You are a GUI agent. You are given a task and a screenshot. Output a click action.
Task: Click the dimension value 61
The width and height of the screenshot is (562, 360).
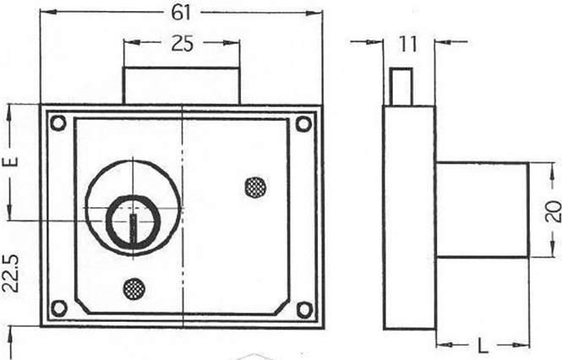pos(182,14)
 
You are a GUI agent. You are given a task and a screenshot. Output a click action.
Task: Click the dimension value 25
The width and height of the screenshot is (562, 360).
pos(182,44)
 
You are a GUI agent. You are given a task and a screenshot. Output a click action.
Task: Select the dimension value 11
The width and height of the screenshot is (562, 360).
pos(408,45)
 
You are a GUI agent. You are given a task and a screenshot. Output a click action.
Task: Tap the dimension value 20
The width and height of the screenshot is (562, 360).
pos(554,211)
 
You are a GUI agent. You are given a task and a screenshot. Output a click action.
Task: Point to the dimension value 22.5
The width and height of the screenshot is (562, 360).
pos(10,273)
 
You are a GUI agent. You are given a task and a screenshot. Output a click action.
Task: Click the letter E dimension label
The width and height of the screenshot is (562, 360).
pos(10,161)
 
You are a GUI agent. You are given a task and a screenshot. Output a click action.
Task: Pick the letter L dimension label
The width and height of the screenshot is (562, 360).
pos(483,346)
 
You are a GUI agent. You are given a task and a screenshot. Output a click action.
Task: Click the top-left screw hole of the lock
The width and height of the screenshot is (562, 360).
pos(57,123)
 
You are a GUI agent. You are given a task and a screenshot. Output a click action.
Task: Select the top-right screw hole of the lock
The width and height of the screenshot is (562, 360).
pos(303,124)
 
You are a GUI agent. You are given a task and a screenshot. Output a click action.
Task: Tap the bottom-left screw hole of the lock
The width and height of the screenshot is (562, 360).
pos(59,308)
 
